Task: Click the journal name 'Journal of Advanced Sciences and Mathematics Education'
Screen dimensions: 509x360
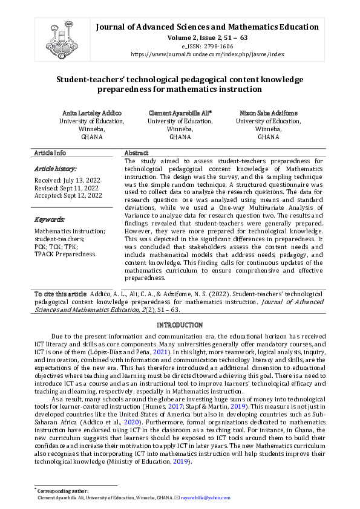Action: tap(207, 27)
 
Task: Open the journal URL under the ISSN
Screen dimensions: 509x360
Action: tap(207, 54)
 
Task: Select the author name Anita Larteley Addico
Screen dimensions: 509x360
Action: tap(92, 113)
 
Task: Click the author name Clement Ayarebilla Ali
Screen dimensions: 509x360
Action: tap(180, 113)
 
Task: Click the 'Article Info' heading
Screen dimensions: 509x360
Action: tap(50, 154)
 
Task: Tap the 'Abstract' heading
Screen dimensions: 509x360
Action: tap(136, 154)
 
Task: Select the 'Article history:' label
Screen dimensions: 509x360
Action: tap(55, 169)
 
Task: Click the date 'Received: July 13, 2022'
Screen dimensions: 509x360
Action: tap(67, 180)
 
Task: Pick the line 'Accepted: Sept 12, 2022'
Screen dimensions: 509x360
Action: tap(68, 195)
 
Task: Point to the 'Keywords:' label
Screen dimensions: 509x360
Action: tap(50, 219)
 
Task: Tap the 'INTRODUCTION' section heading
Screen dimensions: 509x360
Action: tap(180, 325)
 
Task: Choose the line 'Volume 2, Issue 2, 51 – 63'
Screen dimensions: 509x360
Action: tap(207, 37)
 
